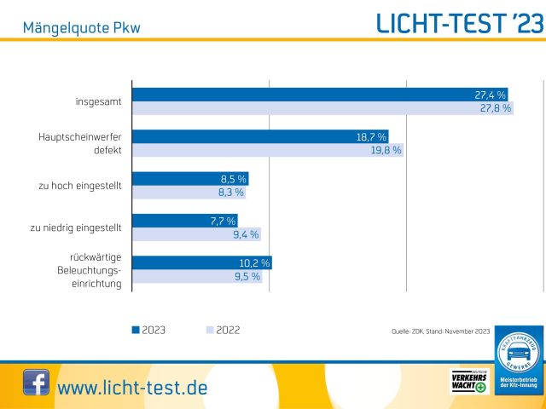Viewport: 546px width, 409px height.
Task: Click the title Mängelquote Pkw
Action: click(x=82, y=28)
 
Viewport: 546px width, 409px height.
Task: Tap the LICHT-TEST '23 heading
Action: click(x=459, y=24)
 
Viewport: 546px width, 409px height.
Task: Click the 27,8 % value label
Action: click(x=494, y=108)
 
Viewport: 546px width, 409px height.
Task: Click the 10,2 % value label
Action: click(x=253, y=263)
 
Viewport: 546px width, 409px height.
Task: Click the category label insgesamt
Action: click(x=98, y=101)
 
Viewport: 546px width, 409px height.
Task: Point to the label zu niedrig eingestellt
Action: click(x=75, y=228)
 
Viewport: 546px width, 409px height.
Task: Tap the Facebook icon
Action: click(x=35, y=382)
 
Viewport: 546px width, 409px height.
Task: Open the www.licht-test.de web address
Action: click(x=132, y=388)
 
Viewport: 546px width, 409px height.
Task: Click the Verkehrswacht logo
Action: click(x=468, y=381)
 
